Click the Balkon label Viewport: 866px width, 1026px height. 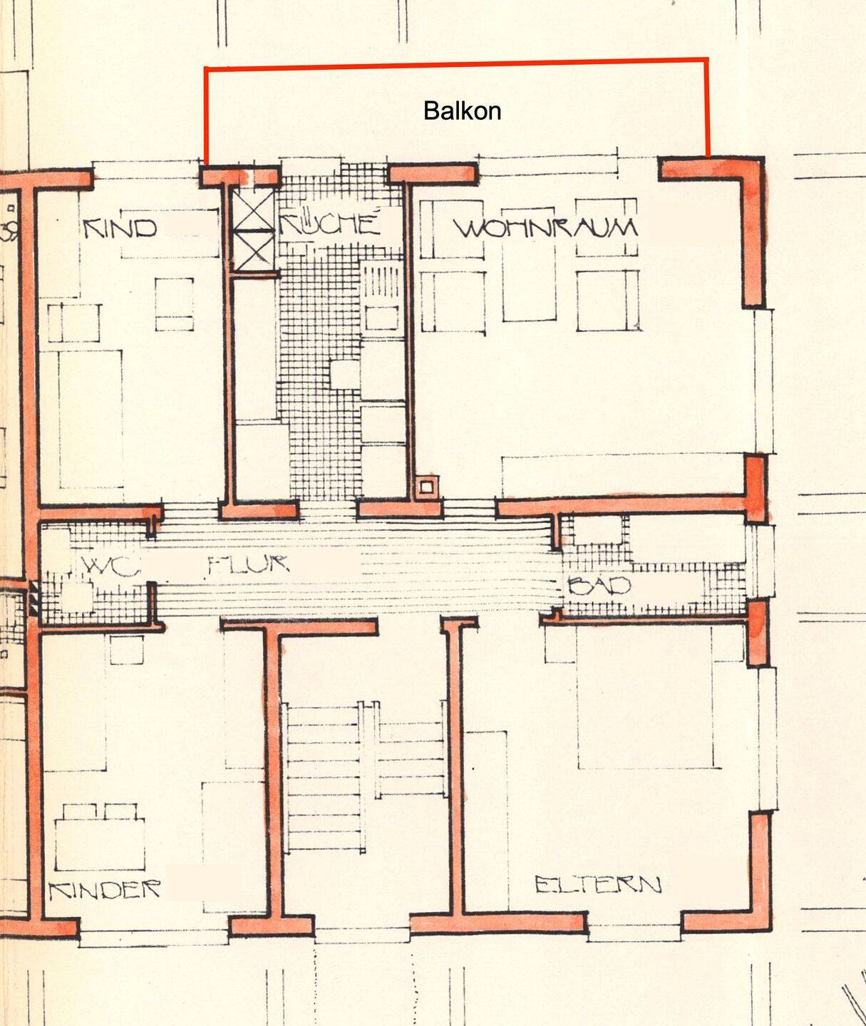click(x=462, y=111)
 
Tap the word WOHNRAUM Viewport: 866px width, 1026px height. click(x=545, y=228)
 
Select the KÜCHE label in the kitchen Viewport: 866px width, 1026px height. click(x=330, y=223)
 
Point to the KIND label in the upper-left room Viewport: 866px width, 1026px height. click(x=120, y=229)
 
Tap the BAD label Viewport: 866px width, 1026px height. click(x=599, y=586)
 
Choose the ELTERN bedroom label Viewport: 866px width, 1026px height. click(x=598, y=884)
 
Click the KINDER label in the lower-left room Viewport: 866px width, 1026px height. click(x=105, y=889)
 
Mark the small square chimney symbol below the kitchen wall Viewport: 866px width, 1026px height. click(x=426, y=487)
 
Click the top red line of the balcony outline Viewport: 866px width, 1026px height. click(x=457, y=63)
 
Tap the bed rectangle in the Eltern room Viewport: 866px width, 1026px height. click(x=645, y=696)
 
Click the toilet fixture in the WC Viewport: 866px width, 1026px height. click(x=77, y=596)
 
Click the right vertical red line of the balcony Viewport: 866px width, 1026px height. click(x=707, y=108)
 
